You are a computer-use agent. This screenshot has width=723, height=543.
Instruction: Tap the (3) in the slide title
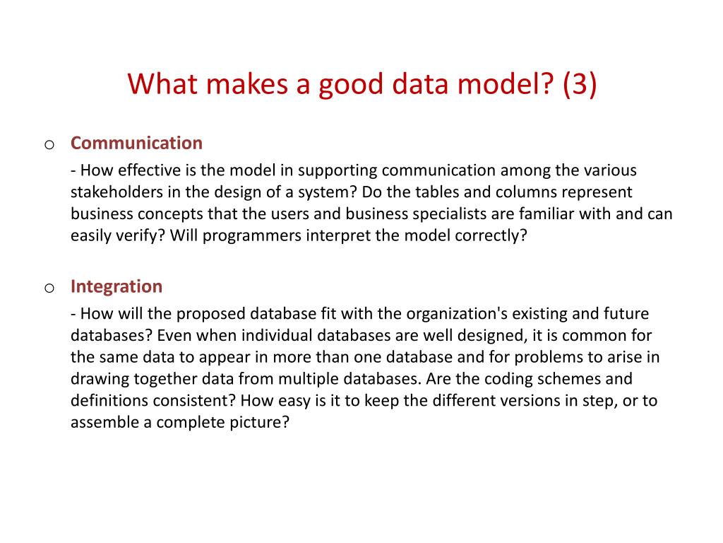pyautogui.click(x=580, y=85)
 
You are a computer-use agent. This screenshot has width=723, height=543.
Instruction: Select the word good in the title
pyautogui.click(x=351, y=86)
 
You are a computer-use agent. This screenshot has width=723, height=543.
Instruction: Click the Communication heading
pyautogui.click(x=136, y=143)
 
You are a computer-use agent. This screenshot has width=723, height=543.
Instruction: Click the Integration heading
pyautogui.click(x=116, y=287)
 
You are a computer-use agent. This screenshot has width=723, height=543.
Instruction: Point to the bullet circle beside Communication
pyautogui.click(x=49, y=145)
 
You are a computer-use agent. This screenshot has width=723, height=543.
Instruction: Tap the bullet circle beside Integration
pyautogui.click(x=49, y=288)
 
